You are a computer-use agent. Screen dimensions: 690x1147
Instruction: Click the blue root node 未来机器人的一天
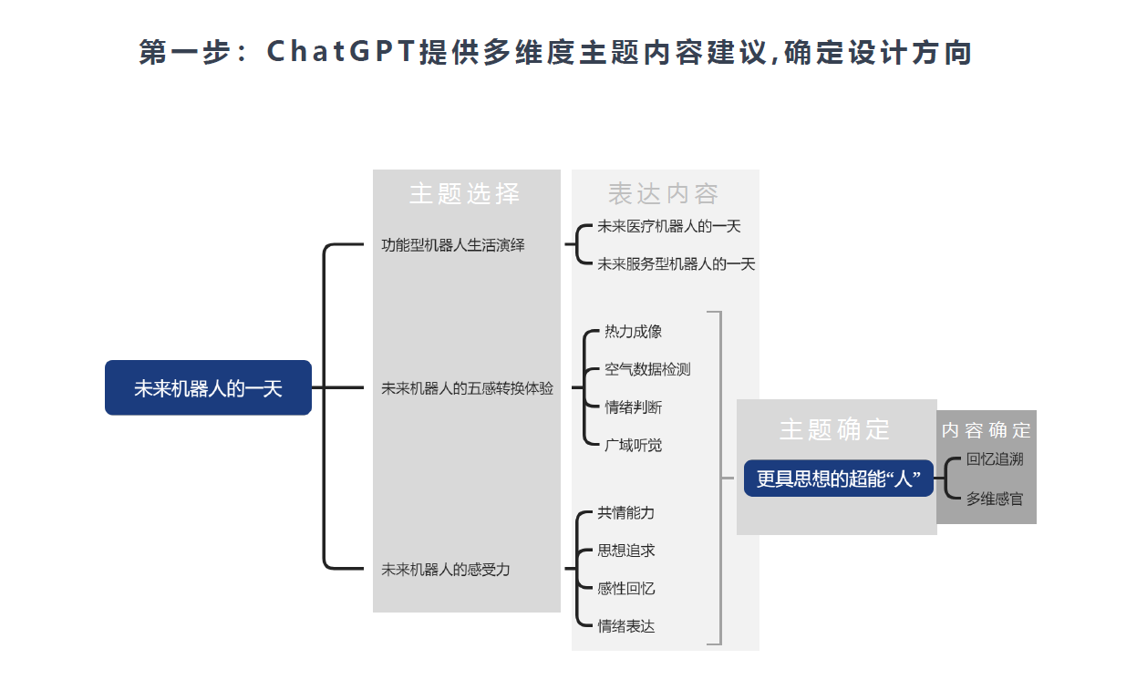click(x=208, y=388)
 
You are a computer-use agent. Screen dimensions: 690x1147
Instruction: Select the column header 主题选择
click(x=465, y=194)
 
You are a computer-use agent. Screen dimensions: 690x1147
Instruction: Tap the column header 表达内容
click(x=664, y=194)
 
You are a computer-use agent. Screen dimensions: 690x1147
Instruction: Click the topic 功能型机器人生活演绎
click(x=453, y=245)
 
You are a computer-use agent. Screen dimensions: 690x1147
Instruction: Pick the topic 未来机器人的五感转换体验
click(x=467, y=388)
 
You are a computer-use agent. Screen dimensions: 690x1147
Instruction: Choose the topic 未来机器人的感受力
click(x=446, y=569)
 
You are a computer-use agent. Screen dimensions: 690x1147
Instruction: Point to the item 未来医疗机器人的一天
click(x=669, y=226)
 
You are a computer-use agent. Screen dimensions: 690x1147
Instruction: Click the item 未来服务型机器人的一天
click(x=677, y=264)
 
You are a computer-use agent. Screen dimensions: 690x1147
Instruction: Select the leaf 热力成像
click(x=633, y=332)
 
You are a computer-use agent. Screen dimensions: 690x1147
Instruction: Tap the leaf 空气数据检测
click(x=647, y=369)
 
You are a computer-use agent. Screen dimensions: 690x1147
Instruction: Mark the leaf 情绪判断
click(x=633, y=407)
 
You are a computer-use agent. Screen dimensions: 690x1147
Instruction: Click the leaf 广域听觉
click(x=633, y=445)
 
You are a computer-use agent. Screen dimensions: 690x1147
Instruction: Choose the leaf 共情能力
click(x=625, y=513)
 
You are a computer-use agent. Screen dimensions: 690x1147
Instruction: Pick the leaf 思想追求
click(x=625, y=551)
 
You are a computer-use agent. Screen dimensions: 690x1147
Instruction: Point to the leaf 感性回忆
click(x=625, y=589)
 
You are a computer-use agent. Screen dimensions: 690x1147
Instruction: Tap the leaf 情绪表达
click(x=625, y=626)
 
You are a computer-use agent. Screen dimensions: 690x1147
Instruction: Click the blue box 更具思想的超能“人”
click(x=838, y=479)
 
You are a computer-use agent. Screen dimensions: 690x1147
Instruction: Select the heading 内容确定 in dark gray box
click(x=986, y=430)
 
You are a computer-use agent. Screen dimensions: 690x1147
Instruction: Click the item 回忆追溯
click(x=995, y=459)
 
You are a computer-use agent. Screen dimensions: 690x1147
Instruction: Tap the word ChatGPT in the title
click(x=341, y=53)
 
